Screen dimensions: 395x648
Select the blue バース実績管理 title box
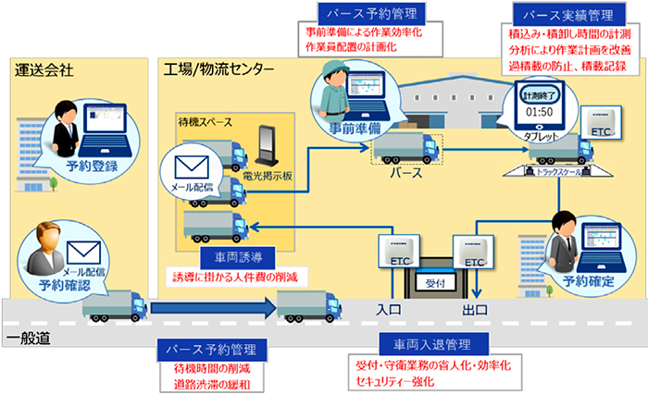tap(563, 14)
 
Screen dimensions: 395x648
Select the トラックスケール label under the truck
tap(563, 171)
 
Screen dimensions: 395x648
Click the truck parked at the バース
tap(405, 145)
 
